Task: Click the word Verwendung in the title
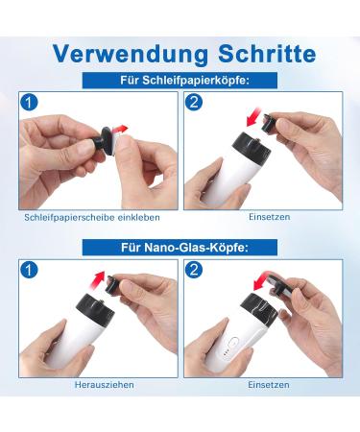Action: pos(131,55)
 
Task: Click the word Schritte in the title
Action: pos(267,53)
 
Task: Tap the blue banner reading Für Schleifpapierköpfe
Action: pos(180,81)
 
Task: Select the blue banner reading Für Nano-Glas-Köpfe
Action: pos(180,248)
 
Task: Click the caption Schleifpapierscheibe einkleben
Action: pos(92,218)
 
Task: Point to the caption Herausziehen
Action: pos(105,384)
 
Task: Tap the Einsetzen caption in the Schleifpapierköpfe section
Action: pos(270,217)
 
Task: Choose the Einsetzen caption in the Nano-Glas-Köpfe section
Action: pos(269,384)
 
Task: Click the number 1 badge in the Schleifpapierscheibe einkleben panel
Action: pos(29,103)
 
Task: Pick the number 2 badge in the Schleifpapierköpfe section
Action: pos(194,103)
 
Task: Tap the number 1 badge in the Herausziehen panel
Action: pos(29,270)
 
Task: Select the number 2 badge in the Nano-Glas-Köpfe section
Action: pos(194,270)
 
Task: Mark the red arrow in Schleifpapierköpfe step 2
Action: pos(254,117)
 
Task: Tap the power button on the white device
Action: pos(233,344)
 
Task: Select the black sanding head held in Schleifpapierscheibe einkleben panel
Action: pos(103,140)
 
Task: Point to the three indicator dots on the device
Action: pos(226,353)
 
